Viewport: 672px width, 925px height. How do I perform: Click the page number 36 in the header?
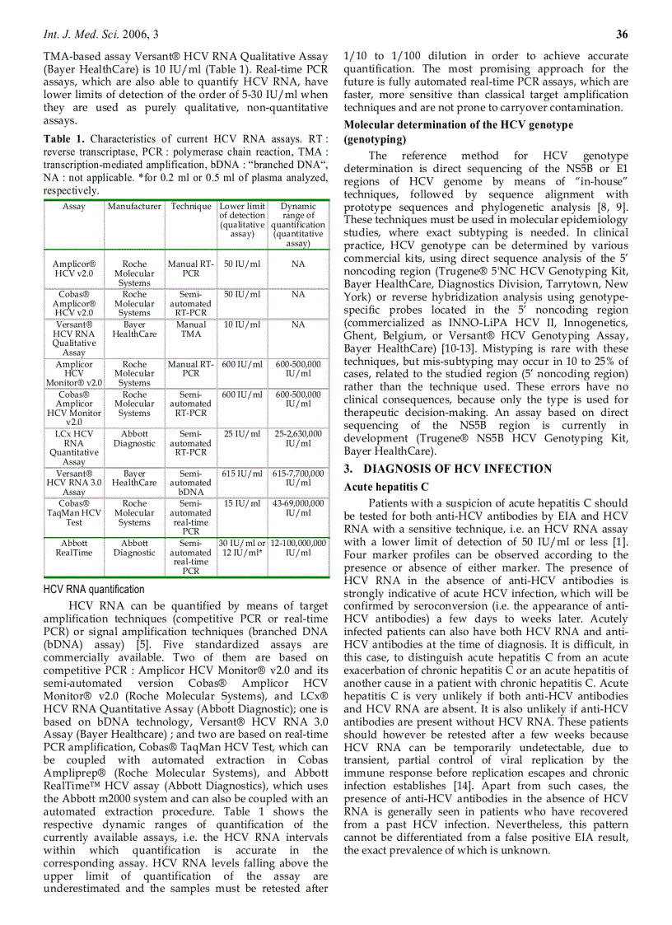622,34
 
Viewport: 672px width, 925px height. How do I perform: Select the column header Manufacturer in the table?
134,207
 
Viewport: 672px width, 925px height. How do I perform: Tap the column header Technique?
191,207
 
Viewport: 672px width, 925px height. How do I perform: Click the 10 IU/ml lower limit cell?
242,325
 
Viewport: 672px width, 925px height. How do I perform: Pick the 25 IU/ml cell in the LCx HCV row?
242,434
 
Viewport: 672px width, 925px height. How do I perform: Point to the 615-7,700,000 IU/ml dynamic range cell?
298,479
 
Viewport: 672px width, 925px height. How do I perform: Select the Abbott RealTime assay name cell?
74,549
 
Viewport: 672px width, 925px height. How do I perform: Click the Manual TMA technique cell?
191,330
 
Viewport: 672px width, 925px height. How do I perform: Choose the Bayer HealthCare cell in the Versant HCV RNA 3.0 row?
134,479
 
